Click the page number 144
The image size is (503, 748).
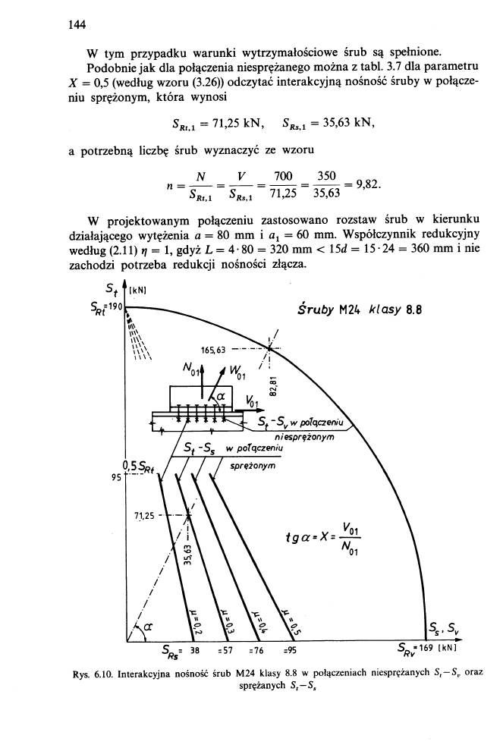point(74,24)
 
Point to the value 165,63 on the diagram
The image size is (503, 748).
point(214,350)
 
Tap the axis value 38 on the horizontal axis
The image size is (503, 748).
point(194,649)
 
